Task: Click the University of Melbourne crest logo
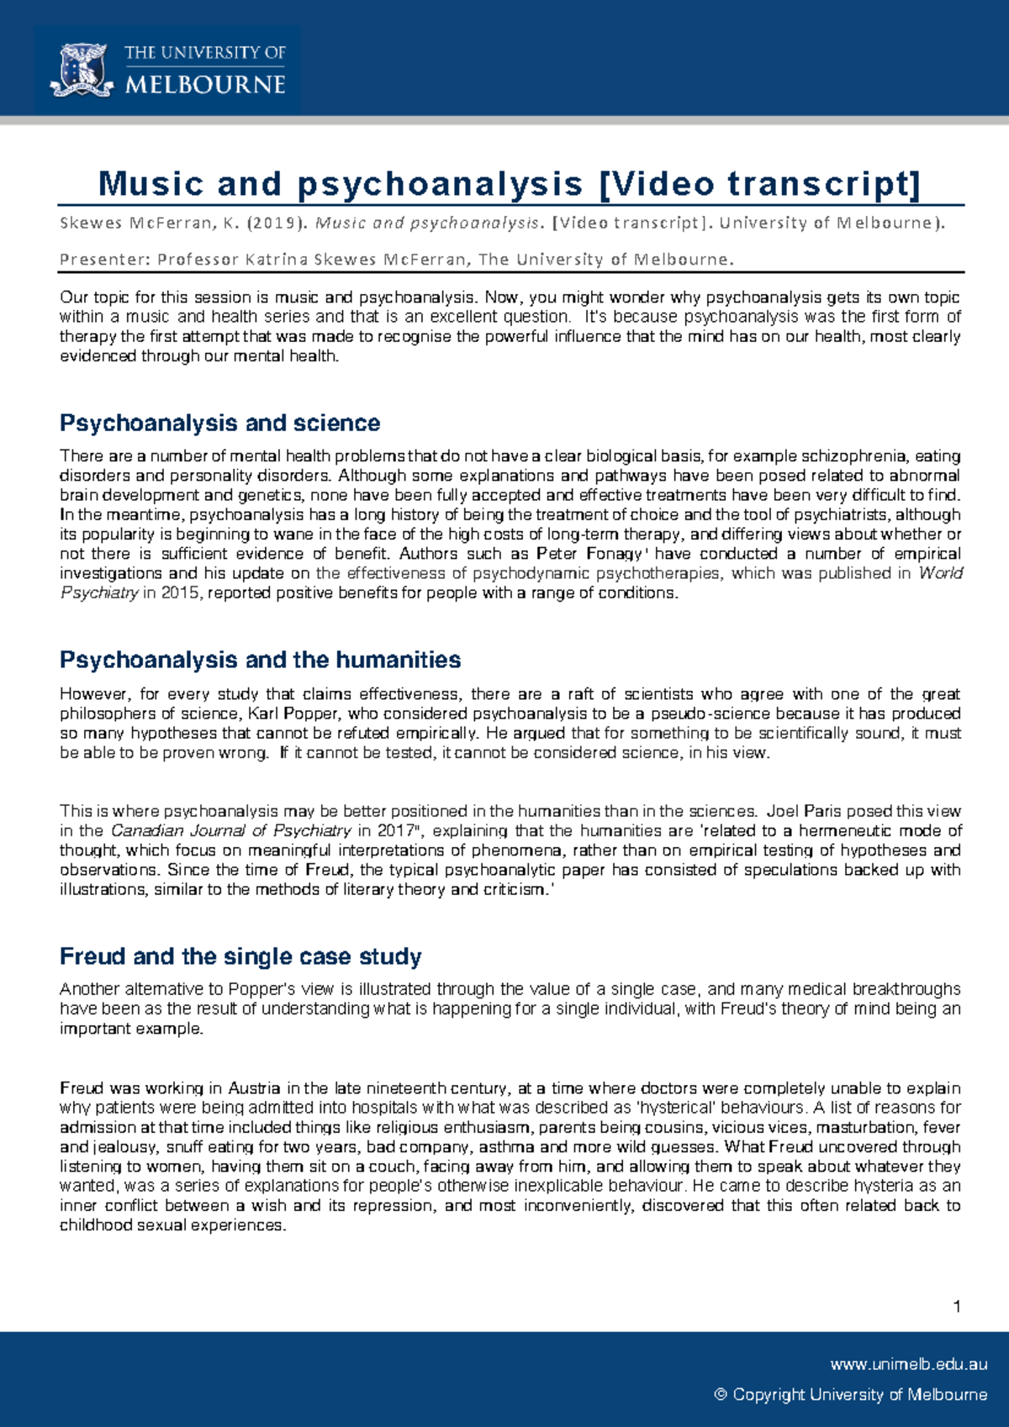point(82,71)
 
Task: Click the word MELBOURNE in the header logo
point(205,85)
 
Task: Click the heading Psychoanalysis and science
point(219,423)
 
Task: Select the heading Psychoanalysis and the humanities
point(260,660)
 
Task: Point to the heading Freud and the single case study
point(240,956)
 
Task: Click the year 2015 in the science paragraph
point(182,593)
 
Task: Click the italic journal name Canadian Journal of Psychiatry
point(231,831)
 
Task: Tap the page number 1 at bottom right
point(957,1306)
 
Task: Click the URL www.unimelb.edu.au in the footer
point(908,1365)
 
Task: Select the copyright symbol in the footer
point(721,1395)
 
